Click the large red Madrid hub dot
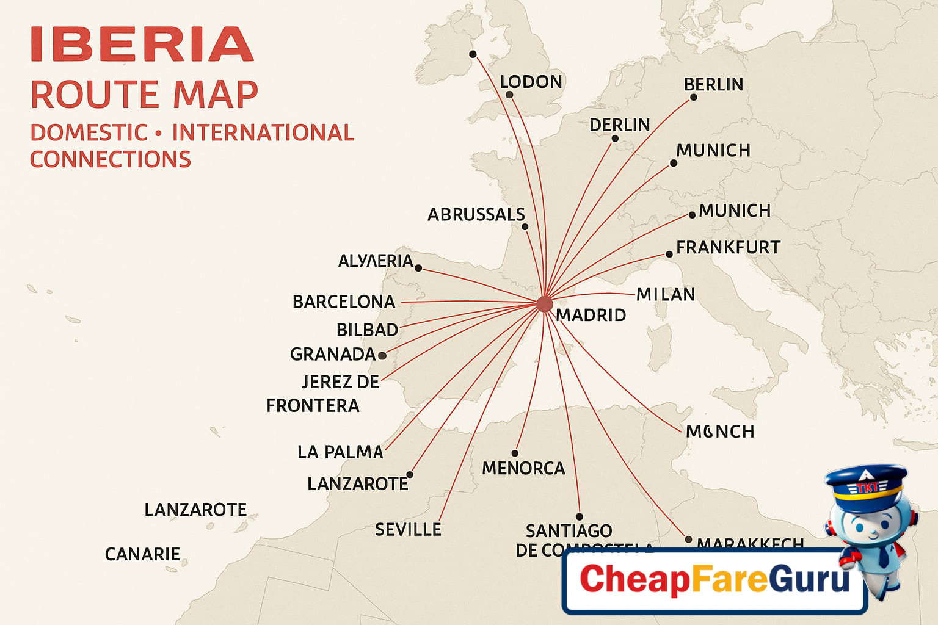click(x=544, y=304)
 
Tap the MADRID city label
click(x=591, y=316)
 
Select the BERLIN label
click(x=713, y=84)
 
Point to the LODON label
click(x=531, y=82)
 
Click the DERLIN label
click(x=619, y=125)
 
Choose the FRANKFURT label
click(x=728, y=248)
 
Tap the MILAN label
click(x=666, y=295)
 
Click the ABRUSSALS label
click(x=476, y=215)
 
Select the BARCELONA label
click(x=344, y=302)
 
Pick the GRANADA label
click(x=333, y=355)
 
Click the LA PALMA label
click(x=340, y=452)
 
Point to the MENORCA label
click(x=523, y=469)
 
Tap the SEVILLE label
click(x=408, y=530)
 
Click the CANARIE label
click(x=142, y=554)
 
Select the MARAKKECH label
click(x=750, y=543)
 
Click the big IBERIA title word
click(x=142, y=45)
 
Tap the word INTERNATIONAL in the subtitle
click(x=263, y=133)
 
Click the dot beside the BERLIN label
click(x=694, y=98)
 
